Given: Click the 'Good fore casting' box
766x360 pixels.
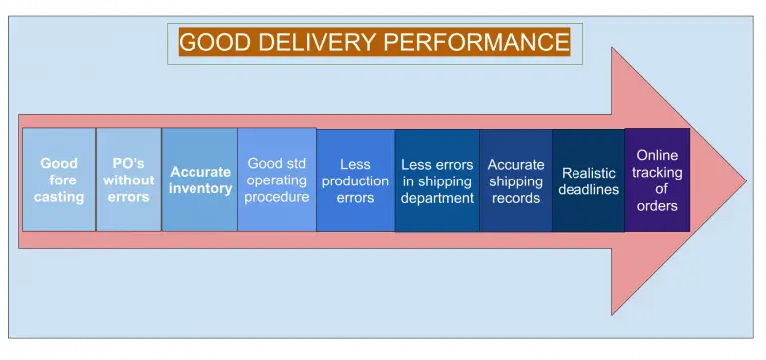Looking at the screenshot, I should coord(59,180).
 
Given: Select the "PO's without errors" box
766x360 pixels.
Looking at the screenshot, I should coord(129,180).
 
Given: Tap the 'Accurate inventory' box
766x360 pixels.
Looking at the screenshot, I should coord(199,180).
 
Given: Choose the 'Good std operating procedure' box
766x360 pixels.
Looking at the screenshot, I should coord(276,180).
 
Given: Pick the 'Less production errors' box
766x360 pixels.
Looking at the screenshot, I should coord(355,180).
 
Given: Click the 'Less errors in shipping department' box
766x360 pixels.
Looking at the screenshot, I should coord(437,180).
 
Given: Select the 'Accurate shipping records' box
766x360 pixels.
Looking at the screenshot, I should coord(516,180).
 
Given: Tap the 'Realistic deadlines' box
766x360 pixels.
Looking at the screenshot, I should coord(588,180).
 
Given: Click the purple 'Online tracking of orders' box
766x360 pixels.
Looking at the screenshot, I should coord(657,180).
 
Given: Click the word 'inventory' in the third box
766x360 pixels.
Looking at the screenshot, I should coord(199,189).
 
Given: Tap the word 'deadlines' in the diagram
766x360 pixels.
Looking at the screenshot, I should coord(589,189).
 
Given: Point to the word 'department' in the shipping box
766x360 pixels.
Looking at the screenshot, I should coord(437,198).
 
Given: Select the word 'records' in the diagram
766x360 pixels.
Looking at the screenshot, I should coord(516,198).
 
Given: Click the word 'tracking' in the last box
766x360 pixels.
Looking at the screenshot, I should coord(658,172).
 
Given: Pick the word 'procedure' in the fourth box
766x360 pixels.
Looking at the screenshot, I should coord(276,198).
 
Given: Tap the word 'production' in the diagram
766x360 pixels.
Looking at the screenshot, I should coord(355,180).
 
